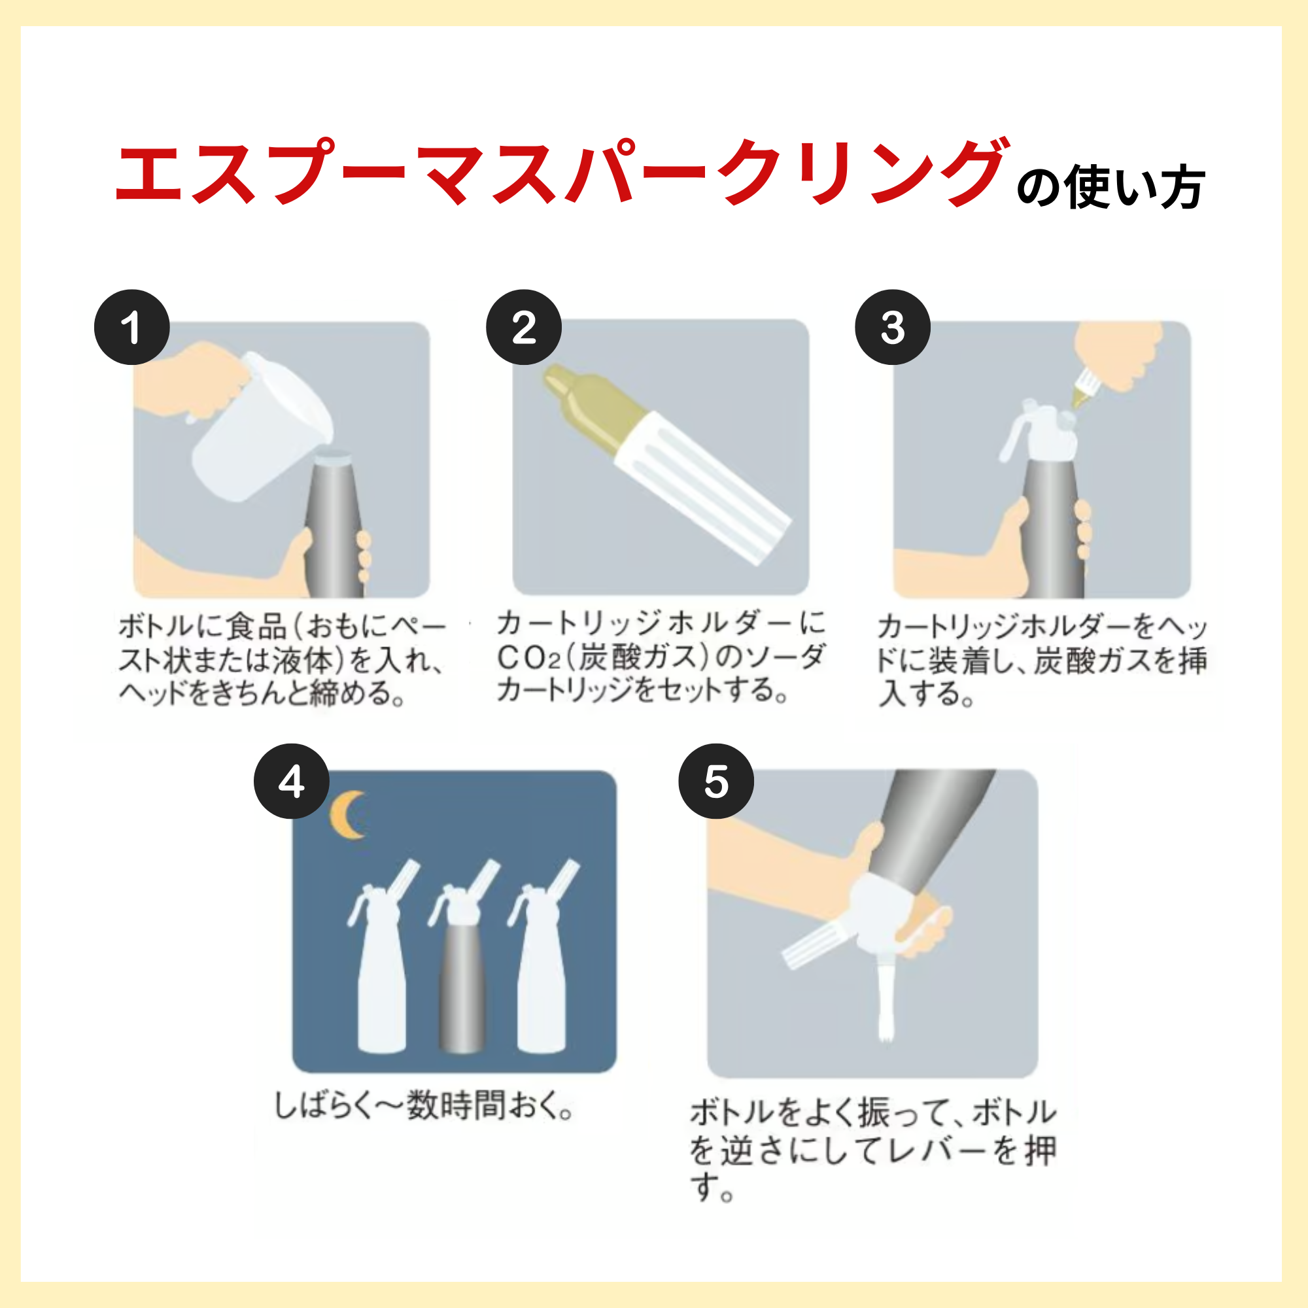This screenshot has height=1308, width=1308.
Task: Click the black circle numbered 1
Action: (x=131, y=328)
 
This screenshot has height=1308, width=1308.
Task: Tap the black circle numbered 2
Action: (x=523, y=328)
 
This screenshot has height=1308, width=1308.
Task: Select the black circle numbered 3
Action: (x=892, y=328)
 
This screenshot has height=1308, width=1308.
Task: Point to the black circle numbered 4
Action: (x=291, y=782)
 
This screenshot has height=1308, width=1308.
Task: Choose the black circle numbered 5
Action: (x=715, y=782)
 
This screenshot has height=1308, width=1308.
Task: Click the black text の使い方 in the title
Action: (x=1110, y=188)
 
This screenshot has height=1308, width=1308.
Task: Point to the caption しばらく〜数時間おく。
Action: (x=424, y=1107)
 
